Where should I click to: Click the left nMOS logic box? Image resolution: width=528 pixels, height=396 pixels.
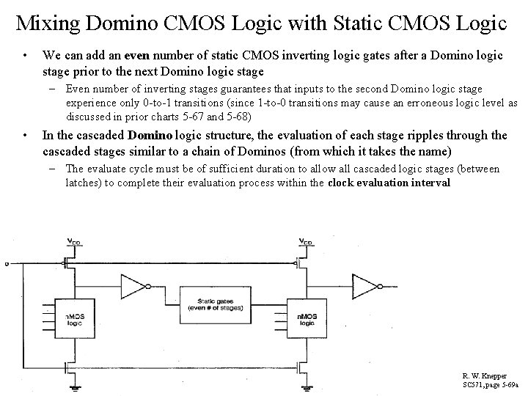click(75, 320)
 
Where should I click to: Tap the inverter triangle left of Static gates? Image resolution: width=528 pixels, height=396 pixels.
click(133, 287)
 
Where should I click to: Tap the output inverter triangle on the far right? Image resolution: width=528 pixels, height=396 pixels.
click(364, 285)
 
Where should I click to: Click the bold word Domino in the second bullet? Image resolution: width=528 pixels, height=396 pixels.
click(152, 135)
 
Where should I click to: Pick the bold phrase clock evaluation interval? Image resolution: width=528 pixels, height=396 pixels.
click(389, 183)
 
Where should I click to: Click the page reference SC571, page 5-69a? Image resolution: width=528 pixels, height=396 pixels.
click(490, 384)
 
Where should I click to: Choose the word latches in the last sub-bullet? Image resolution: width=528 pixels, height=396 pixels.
click(81, 183)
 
